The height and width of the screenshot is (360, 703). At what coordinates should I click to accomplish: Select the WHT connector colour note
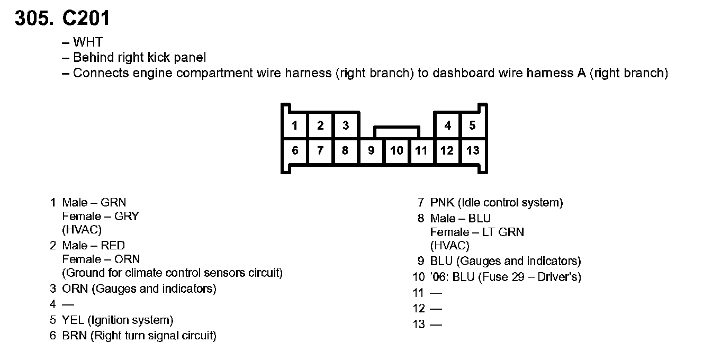[x=88, y=42]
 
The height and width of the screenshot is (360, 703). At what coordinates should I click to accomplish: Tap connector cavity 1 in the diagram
[x=295, y=125]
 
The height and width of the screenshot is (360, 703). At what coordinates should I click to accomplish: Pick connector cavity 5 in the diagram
[x=473, y=125]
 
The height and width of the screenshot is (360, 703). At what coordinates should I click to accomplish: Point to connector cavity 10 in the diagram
[x=396, y=150]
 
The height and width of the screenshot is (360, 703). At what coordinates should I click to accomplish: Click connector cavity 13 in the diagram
[x=473, y=150]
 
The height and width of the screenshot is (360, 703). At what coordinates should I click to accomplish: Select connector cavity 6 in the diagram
[x=295, y=150]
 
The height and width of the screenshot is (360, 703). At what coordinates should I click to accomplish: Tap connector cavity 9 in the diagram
[x=371, y=150]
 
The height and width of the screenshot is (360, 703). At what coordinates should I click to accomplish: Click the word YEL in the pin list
[x=73, y=320]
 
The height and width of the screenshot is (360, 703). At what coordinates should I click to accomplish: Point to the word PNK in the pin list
[x=442, y=203]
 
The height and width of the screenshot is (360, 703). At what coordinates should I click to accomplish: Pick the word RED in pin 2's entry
[x=113, y=246]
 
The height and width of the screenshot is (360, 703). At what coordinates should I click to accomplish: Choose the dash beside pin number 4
[x=68, y=304]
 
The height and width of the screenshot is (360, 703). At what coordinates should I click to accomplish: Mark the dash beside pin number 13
[x=436, y=325]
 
